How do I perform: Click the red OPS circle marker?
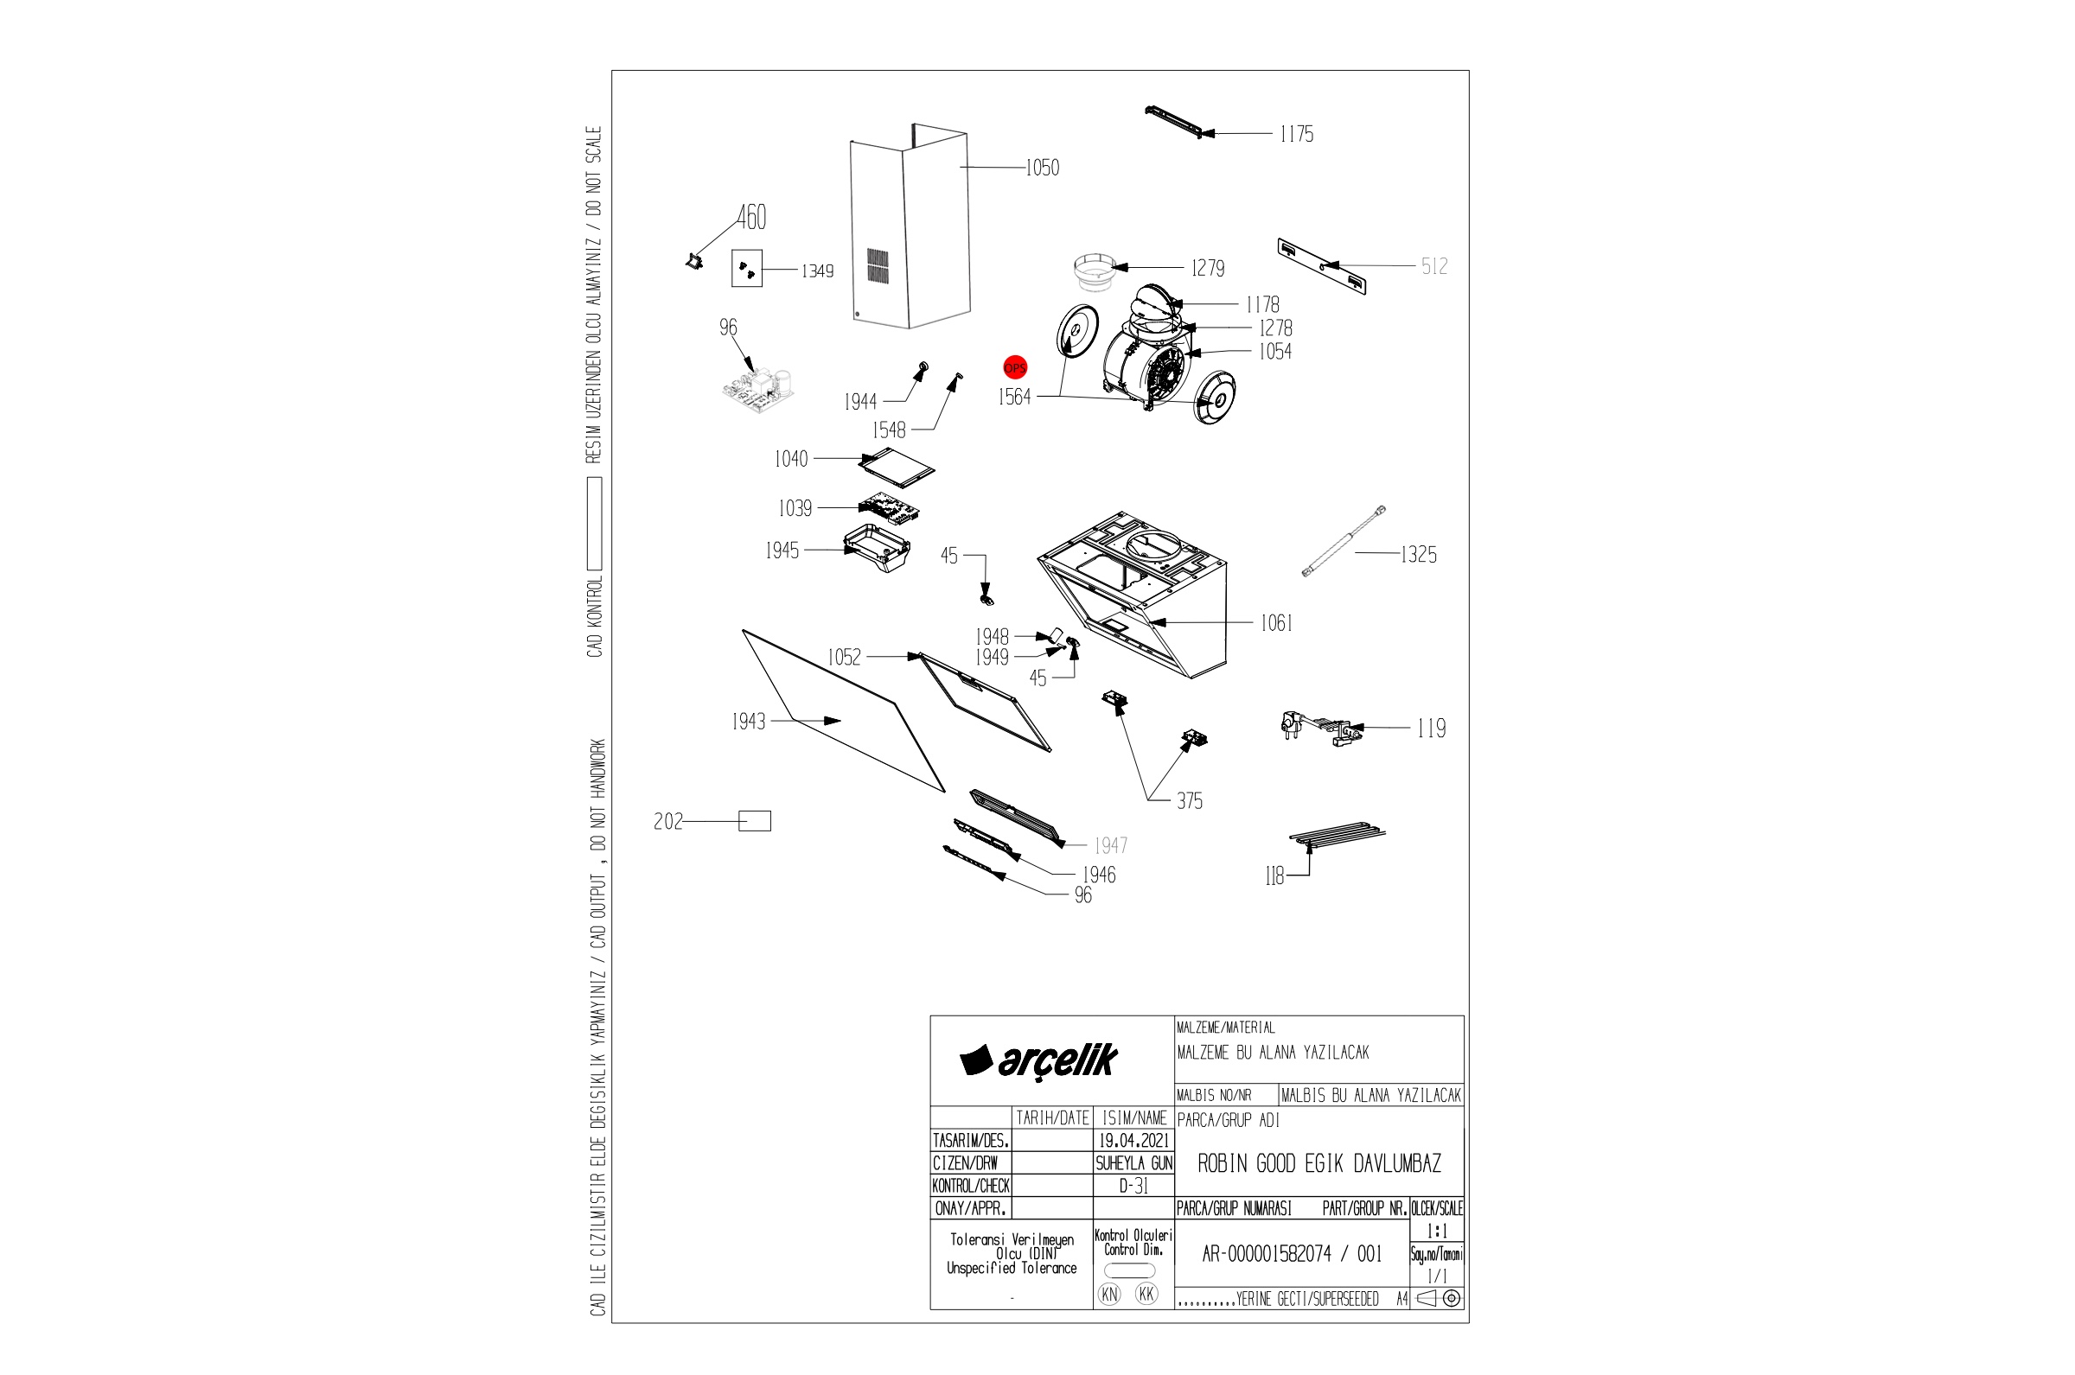click(1015, 367)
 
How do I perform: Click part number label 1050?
click(1043, 168)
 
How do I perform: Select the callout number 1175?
click(1296, 134)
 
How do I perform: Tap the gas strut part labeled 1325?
click(1344, 541)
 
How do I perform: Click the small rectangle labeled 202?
click(755, 821)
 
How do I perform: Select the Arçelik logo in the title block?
click(1038, 1060)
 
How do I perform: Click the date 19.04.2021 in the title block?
click(1134, 1141)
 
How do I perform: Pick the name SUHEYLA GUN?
click(1134, 1163)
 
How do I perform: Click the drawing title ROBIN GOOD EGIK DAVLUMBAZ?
click(1319, 1163)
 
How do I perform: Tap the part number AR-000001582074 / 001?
click(1292, 1254)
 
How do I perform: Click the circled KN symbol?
click(1109, 1295)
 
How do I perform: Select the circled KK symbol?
click(1146, 1295)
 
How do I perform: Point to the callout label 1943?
click(749, 722)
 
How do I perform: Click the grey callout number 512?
click(1435, 266)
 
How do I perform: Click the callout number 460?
click(751, 217)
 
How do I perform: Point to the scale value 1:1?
click(1437, 1232)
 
